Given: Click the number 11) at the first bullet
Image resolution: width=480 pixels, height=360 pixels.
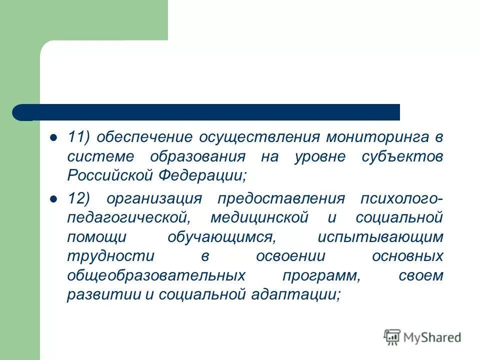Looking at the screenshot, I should (78, 137).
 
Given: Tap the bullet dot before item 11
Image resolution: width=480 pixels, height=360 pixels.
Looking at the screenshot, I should (53, 136).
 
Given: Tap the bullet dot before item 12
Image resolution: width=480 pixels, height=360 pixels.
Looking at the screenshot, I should (53, 198).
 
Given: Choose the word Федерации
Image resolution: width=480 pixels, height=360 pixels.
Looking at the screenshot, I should (203, 176).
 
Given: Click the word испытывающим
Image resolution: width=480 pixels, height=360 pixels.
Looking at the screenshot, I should (380, 237).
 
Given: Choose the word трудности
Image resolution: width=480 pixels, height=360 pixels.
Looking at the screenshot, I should (103, 256).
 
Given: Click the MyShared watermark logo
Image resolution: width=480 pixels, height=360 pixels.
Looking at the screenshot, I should (422, 337).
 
